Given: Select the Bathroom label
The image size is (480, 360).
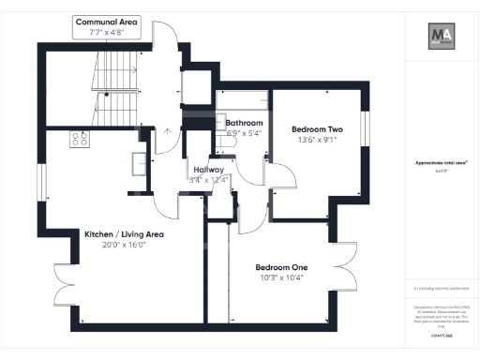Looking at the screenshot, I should pos(244,123).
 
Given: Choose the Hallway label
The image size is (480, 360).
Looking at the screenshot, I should pos(208,169).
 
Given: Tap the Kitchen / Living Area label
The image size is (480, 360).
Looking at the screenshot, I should pos(124,234).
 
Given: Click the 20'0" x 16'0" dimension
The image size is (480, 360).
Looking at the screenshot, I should pos(124,246).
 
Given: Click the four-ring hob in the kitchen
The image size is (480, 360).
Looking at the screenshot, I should pos(80,140).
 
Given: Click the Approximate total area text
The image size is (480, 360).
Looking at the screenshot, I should pos(437,162).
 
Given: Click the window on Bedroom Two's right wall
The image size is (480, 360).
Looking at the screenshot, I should pos(367,129).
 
